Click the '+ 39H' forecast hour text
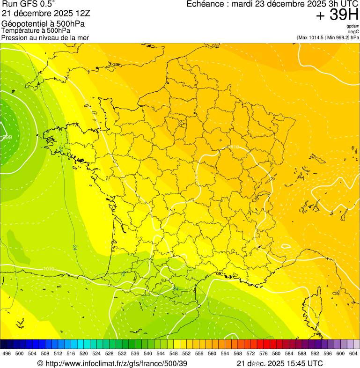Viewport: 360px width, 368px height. pyautogui.click(x=337, y=15)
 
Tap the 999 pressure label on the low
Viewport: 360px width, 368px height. pyautogui.click(x=7, y=137)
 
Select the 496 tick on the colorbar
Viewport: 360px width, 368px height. pyautogui.click(x=7, y=353)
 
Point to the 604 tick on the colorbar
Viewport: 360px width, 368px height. pyautogui.click(x=353, y=353)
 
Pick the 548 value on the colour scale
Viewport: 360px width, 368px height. pyautogui.click(x=173, y=353)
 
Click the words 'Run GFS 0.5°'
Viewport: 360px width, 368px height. pyautogui.click(x=29, y=4)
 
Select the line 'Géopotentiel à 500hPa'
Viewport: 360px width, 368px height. pyautogui.click(x=44, y=24)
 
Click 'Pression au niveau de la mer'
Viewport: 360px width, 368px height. pyautogui.click(x=45, y=37)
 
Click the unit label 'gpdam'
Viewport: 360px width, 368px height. pyautogui.click(x=353, y=26)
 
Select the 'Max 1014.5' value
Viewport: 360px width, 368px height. pyautogui.click(x=312, y=37)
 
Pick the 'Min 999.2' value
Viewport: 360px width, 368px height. pyautogui.click(x=337, y=37)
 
